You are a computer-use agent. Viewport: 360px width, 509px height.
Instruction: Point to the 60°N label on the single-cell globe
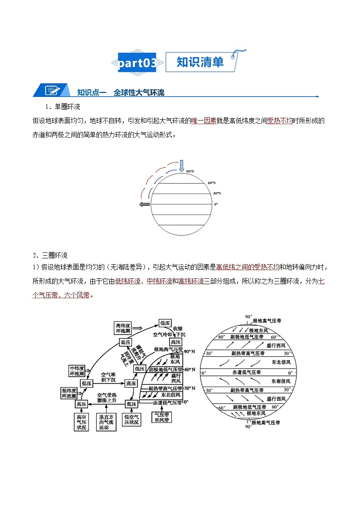(211, 183)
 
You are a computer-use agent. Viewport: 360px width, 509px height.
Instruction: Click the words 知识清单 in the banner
(200, 62)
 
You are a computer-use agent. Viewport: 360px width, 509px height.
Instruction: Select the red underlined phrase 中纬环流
(159, 281)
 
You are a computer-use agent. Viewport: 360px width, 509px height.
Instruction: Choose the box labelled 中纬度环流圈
(77, 371)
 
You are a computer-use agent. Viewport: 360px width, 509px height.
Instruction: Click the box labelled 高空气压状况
(82, 421)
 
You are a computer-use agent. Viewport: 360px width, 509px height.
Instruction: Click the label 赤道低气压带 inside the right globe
(246, 372)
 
